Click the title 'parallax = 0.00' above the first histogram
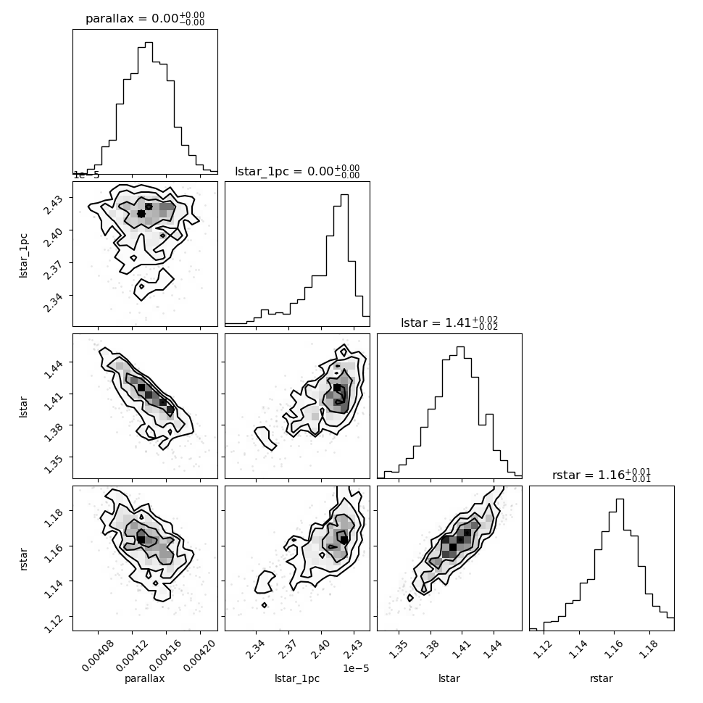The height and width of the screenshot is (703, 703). click(132, 18)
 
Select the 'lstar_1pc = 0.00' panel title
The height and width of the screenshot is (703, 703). click(285, 171)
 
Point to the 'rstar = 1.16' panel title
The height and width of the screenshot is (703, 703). click(588, 475)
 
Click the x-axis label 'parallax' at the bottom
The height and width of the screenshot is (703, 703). click(145, 678)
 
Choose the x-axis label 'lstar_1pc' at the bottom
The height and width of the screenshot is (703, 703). click(297, 678)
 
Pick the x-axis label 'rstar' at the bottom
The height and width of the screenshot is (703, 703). click(602, 678)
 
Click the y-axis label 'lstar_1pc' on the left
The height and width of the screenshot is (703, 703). click(23, 256)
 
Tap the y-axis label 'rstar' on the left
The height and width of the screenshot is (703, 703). click(24, 559)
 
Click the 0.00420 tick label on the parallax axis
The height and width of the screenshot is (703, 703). click(199, 655)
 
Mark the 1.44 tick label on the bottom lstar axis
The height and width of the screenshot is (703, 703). click(492, 649)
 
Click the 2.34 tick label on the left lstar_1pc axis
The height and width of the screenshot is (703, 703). click(54, 302)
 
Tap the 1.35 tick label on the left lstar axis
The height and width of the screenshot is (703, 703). click(54, 464)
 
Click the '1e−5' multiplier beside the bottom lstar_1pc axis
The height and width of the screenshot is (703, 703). click(356, 668)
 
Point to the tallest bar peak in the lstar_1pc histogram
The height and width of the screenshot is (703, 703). click(344, 194)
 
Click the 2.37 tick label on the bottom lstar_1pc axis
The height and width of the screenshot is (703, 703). click(286, 649)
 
